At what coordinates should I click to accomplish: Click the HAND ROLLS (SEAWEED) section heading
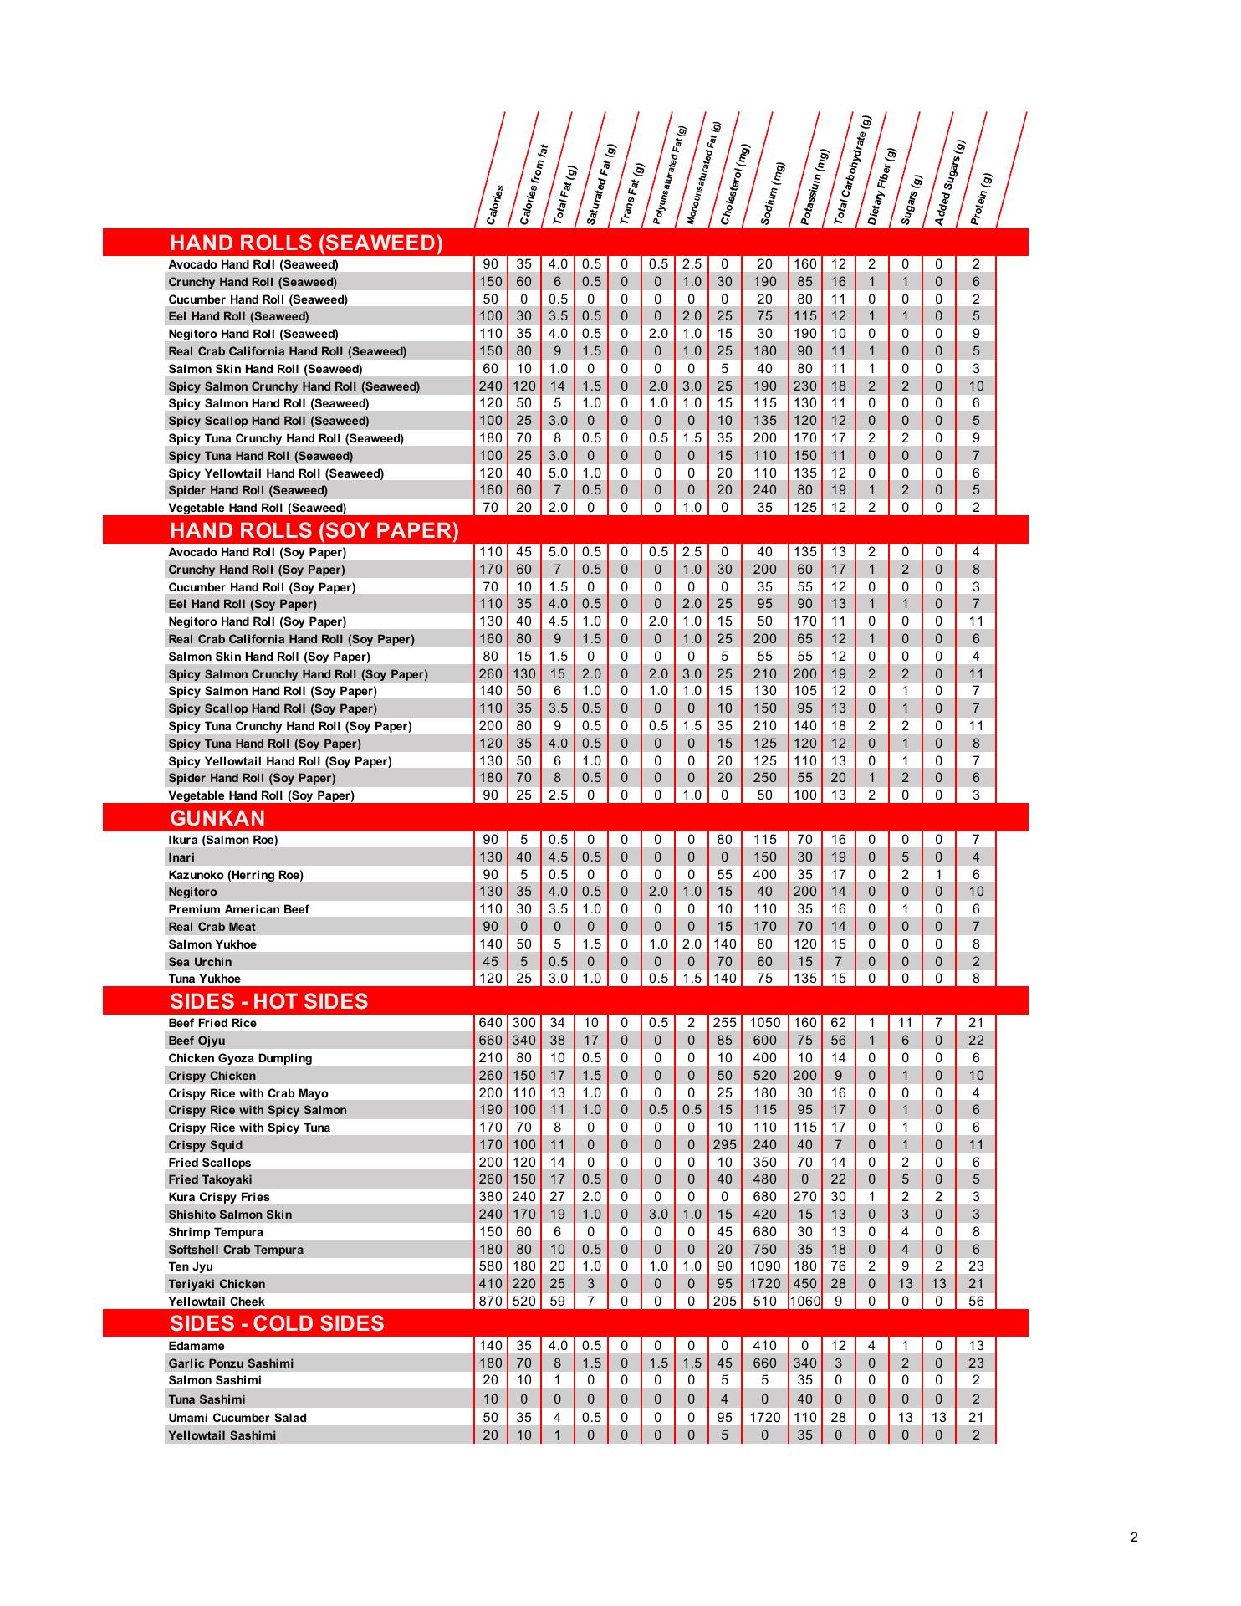click(x=306, y=243)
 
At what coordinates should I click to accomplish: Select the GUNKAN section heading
click(x=217, y=818)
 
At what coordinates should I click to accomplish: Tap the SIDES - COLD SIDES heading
click(x=277, y=1323)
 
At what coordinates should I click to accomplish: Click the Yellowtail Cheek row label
click(x=217, y=1302)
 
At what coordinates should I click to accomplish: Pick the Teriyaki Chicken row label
click(x=217, y=1284)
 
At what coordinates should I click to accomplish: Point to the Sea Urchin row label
click(x=200, y=962)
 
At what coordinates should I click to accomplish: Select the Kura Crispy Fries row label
click(x=219, y=1197)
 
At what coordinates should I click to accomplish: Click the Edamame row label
click(x=197, y=1346)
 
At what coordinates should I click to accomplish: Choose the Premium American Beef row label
click(x=238, y=909)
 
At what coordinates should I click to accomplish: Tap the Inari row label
click(x=181, y=857)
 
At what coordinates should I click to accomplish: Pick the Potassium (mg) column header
click(x=814, y=187)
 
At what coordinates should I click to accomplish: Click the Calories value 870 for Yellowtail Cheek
click(x=491, y=1302)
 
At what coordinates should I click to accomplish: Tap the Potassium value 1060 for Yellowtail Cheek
click(x=804, y=1302)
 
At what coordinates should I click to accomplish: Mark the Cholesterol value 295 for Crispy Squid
click(x=724, y=1145)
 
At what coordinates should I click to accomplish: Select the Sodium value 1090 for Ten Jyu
click(x=764, y=1266)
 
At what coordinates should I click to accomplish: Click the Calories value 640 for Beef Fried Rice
click(x=491, y=1023)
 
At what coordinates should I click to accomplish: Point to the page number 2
click(x=1133, y=1537)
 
